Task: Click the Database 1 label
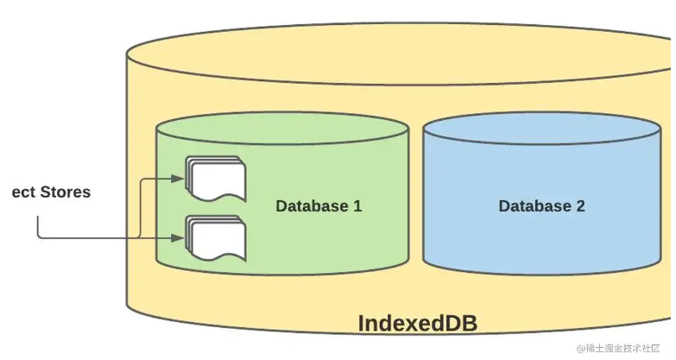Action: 319,206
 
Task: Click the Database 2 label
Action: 541,206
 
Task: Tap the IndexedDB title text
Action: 417,324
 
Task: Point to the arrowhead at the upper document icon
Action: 179,179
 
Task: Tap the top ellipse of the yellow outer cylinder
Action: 397,54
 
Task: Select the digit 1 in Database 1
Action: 357,206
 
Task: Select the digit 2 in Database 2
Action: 580,206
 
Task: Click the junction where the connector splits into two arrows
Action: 141,236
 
